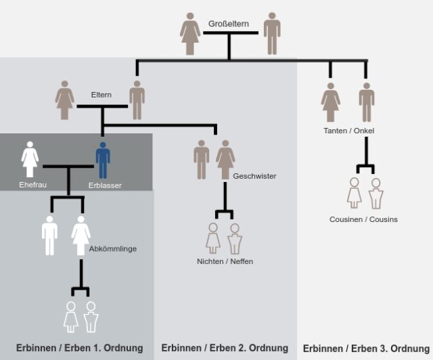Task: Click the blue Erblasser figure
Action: click(103, 160)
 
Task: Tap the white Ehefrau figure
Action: click(30, 160)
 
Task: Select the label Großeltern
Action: click(229, 24)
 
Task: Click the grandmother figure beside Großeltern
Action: click(190, 34)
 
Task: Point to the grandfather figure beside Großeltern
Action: click(272, 33)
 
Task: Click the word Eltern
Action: click(101, 95)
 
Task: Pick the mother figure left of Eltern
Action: click(65, 100)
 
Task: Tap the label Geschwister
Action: click(254, 176)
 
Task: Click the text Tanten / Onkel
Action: click(349, 131)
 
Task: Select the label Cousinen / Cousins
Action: click(363, 219)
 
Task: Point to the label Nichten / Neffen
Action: click(225, 261)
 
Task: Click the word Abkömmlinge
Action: click(113, 248)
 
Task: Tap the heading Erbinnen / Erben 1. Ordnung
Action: click(80, 348)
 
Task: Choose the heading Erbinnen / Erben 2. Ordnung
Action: click(225, 348)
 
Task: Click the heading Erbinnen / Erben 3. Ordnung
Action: click(366, 348)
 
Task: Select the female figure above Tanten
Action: click(331, 102)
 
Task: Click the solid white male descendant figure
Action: click(49, 235)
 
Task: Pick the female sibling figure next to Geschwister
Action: click(225, 160)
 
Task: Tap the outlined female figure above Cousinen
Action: click(355, 193)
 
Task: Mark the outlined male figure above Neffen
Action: click(235, 239)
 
